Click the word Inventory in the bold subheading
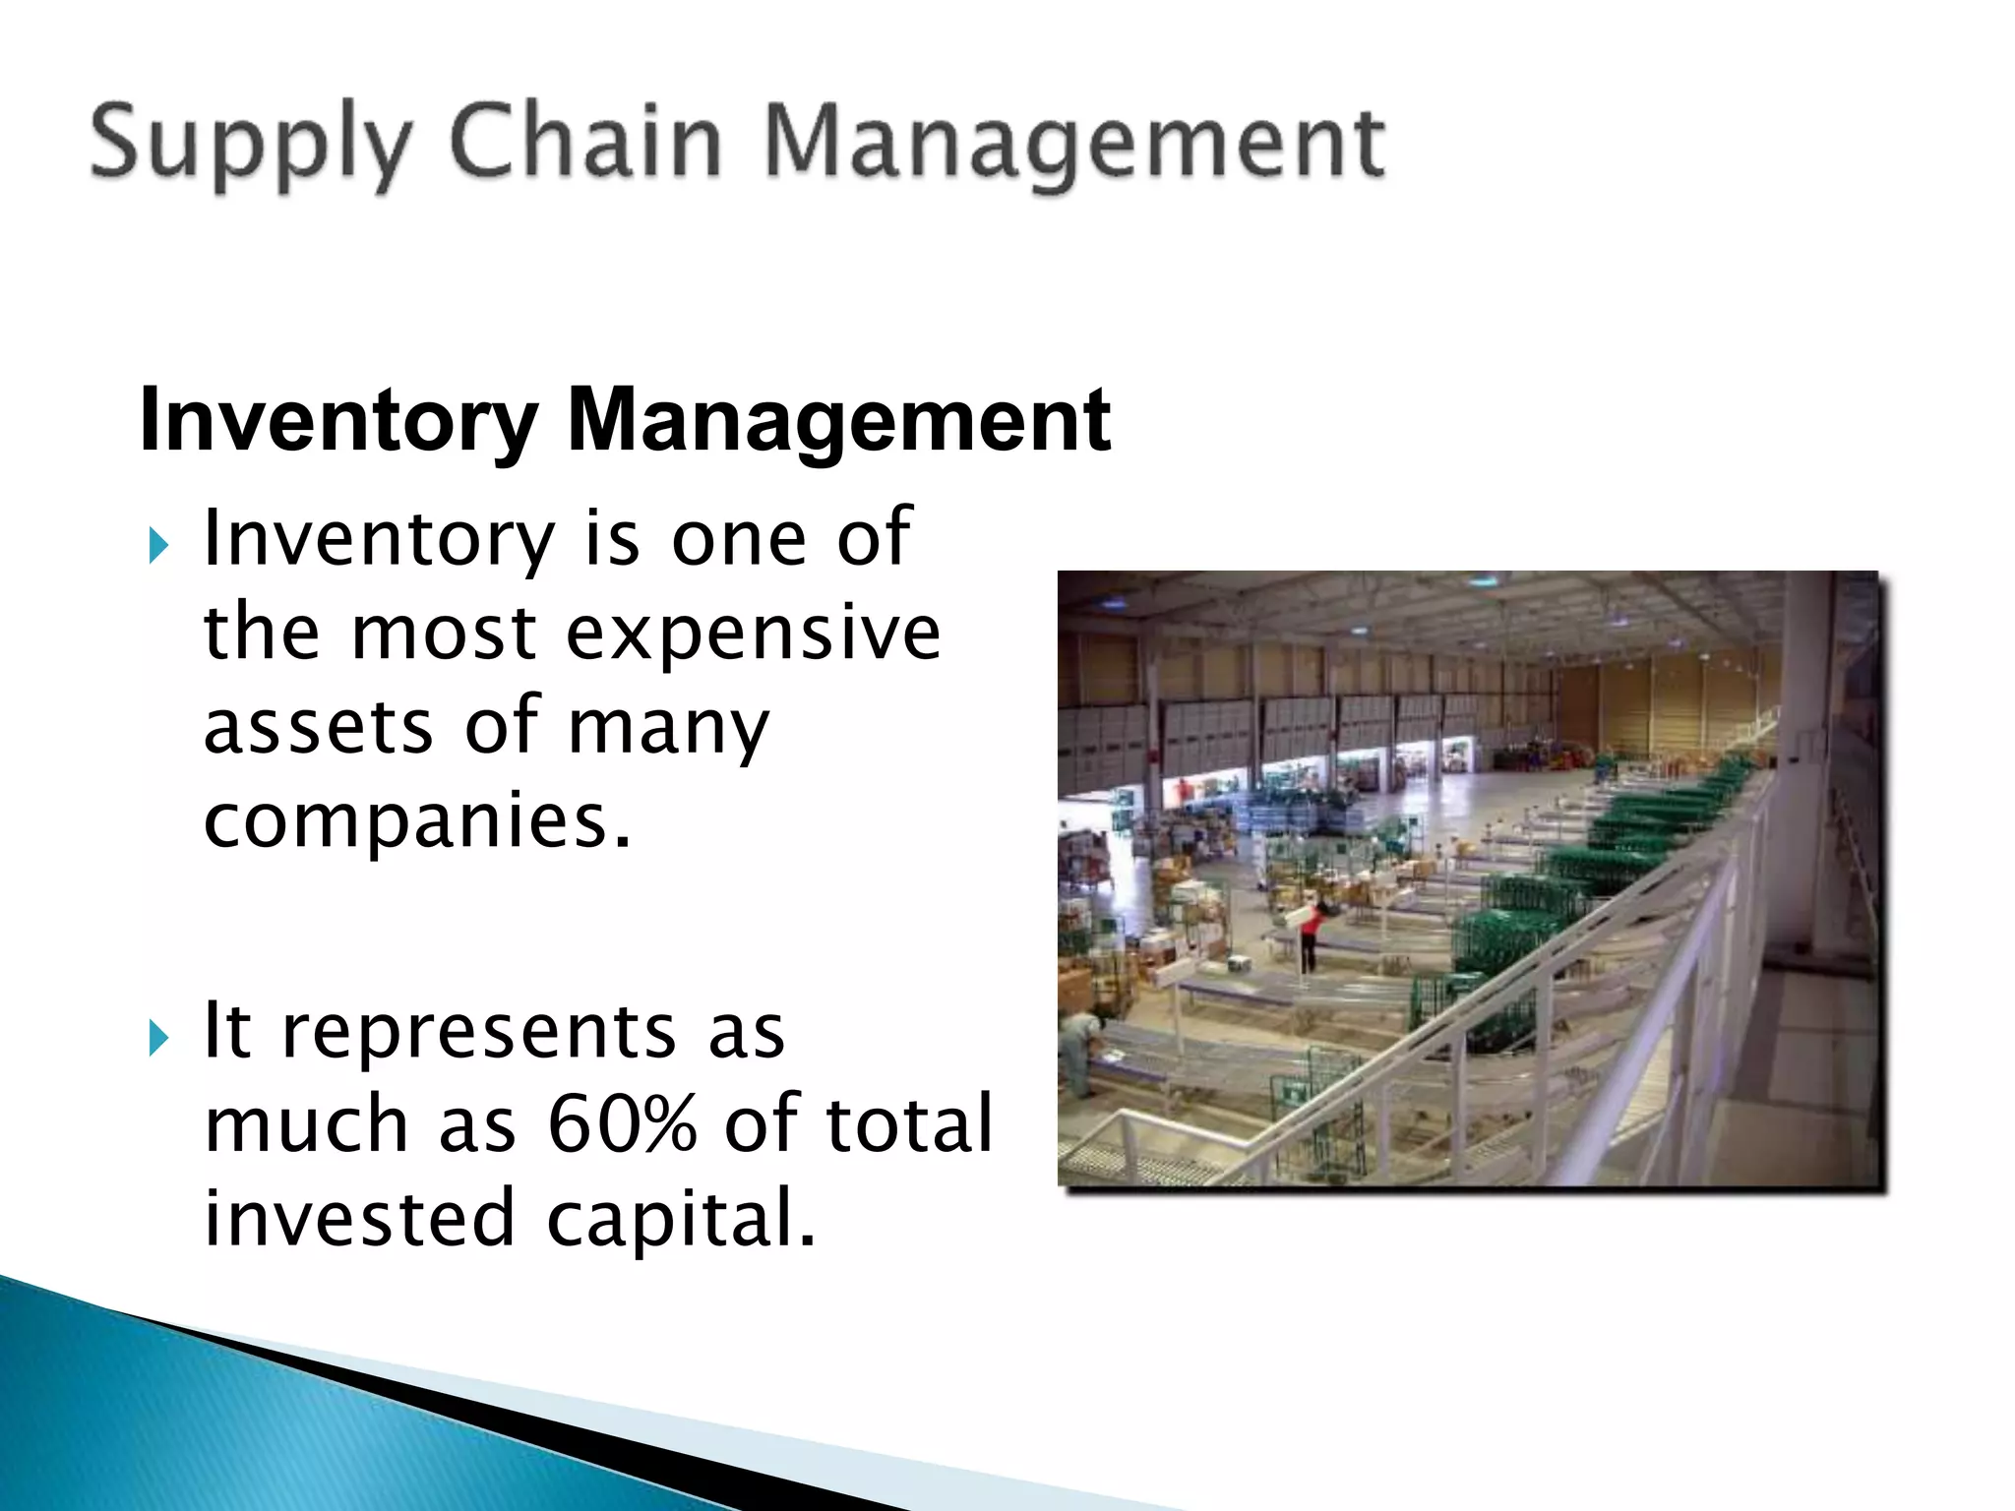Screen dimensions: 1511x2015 (336, 422)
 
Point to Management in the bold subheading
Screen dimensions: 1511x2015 (838, 422)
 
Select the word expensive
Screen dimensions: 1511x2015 (754, 635)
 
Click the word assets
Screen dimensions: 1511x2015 (318, 727)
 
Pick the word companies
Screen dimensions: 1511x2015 (417, 821)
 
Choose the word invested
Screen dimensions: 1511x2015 (359, 1218)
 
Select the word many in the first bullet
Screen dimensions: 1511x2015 (669, 729)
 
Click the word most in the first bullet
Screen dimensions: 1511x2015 (444, 635)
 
